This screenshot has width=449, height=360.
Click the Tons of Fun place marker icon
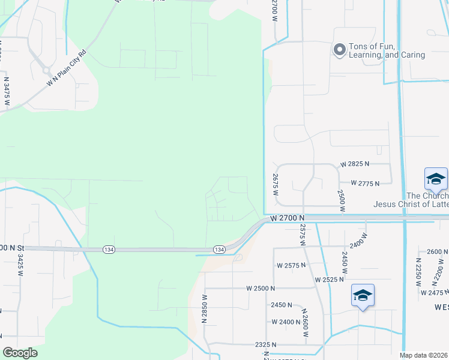point(339,50)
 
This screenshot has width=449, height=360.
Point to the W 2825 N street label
point(355,164)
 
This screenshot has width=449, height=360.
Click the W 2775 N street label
point(365,183)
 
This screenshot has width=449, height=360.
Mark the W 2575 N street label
point(292,265)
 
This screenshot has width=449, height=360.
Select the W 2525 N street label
point(329,280)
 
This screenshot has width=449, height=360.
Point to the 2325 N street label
point(265,344)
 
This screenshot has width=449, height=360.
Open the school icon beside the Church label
point(435,178)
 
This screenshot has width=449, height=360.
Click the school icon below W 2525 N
point(363,295)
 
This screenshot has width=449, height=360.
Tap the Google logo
point(20,352)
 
